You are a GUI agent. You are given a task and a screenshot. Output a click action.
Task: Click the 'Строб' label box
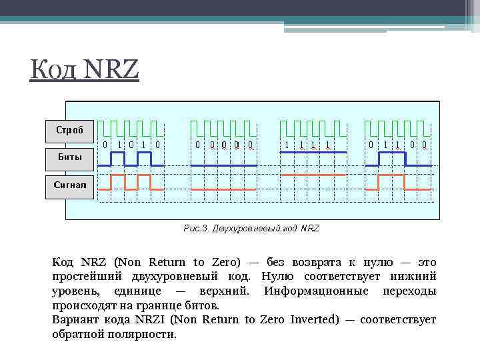tap(69, 131)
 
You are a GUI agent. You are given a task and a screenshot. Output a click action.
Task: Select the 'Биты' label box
tap(69, 159)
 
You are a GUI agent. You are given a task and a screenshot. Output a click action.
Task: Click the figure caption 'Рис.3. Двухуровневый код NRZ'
tap(251, 228)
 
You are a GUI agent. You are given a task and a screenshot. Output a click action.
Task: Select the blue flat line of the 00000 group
tap(224, 165)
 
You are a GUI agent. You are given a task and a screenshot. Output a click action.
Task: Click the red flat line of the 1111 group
tap(313, 174)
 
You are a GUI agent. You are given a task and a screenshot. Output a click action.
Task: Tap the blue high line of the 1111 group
tap(313, 153)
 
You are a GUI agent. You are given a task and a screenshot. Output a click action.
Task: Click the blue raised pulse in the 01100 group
tap(391, 153)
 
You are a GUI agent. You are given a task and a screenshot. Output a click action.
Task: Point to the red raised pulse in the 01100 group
tap(391, 175)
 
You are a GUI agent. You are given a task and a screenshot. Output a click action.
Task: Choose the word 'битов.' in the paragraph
tap(200, 305)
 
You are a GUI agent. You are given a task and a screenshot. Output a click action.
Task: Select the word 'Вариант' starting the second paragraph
tap(73, 319)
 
